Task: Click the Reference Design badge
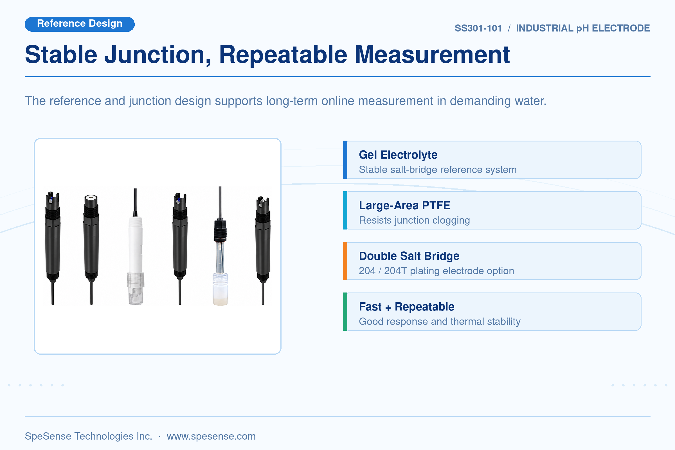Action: click(80, 24)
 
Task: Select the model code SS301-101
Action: click(478, 28)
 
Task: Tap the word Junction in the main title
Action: click(157, 55)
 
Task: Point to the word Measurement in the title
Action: click(432, 55)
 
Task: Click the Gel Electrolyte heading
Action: click(398, 155)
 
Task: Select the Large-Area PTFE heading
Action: click(404, 206)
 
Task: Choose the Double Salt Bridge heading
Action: click(409, 256)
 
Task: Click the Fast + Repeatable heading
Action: click(407, 307)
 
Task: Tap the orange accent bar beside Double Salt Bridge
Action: click(345, 261)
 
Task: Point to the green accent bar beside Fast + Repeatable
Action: click(345, 311)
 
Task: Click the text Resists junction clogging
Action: click(414, 220)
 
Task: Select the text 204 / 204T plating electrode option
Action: click(436, 271)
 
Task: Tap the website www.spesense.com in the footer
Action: click(211, 436)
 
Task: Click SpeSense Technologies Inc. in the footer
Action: click(88, 436)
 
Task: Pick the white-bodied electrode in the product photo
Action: click(135, 247)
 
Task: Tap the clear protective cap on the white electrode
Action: click(136, 289)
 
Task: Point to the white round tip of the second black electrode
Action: click(91, 197)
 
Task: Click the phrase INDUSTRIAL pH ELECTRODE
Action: click(583, 28)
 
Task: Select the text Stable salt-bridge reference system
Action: click(438, 170)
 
